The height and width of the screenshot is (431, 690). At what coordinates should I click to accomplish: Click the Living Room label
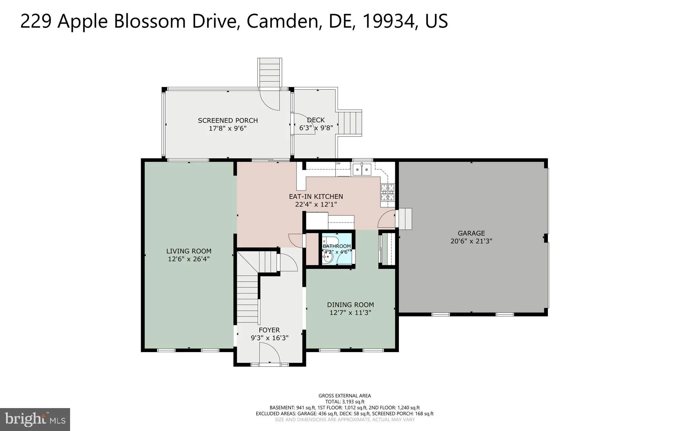[x=189, y=251]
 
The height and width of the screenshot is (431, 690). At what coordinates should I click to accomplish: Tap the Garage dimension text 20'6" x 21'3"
[x=471, y=241]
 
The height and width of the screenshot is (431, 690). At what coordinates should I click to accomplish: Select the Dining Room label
[x=350, y=305]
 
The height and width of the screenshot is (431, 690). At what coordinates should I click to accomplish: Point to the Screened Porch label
[x=228, y=120]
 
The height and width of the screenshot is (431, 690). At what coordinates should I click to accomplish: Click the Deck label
[x=316, y=120]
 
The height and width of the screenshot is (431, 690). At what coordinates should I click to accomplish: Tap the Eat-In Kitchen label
[x=316, y=196]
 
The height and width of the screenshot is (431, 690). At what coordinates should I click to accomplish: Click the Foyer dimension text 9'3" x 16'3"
[x=270, y=338]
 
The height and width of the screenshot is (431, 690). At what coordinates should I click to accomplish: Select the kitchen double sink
[x=362, y=170]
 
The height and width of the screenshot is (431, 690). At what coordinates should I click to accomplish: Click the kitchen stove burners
[x=387, y=192]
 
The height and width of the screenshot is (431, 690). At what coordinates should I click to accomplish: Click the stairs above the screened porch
[x=270, y=72]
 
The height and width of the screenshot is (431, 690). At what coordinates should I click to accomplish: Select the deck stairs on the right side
[x=350, y=123]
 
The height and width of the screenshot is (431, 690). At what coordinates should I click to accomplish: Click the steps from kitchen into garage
[x=404, y=219]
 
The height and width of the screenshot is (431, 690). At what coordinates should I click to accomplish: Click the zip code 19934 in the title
[x=388, y=21]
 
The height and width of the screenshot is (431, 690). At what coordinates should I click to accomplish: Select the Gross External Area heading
[x=344, y=396]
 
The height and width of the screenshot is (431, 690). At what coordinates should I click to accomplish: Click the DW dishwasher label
[x=338, y=163]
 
